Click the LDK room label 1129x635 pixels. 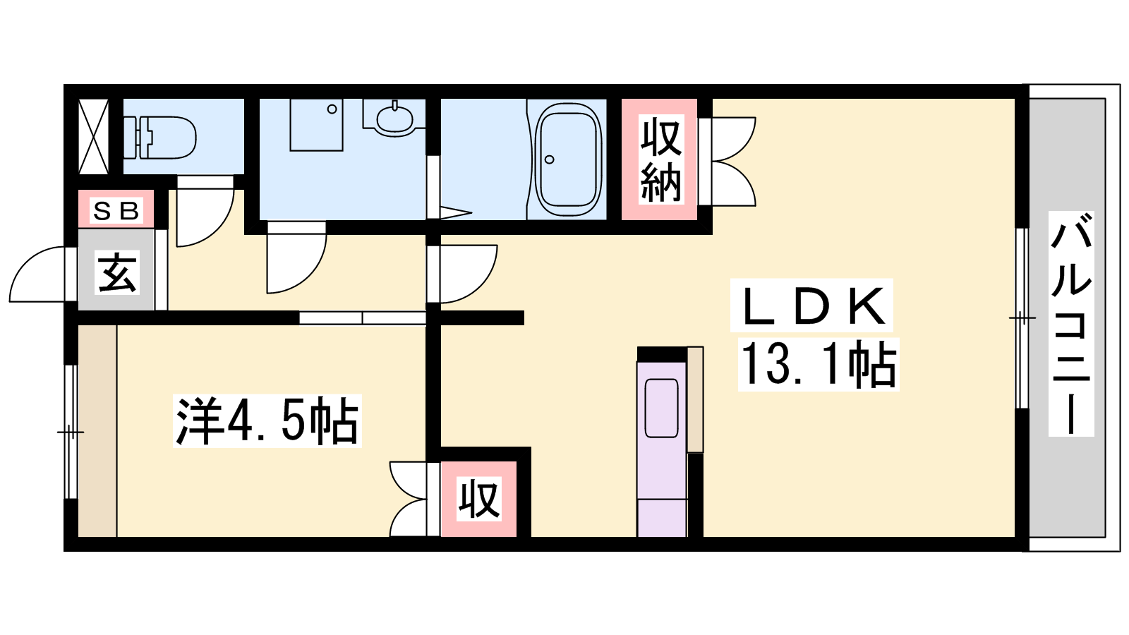[x=811, y=306]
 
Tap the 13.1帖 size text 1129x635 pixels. [x=819, y=364]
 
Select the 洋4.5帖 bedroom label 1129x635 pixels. [x=267, y=421]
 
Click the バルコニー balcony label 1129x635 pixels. [x=1070, y=324]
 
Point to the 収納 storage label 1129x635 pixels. [x=660, y=159]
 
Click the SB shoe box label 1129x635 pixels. [x=116, y=211]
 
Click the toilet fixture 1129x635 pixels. [x=159, y=137]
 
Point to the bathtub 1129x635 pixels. [x=568, y=159]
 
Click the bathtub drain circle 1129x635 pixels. [x=550, y=159]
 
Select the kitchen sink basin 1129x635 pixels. [x=662, y=409]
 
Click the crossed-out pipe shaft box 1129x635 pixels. [x=94, y=137]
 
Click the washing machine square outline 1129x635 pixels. [x=317, y=124]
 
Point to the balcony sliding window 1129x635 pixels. [x=1022, y=318]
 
